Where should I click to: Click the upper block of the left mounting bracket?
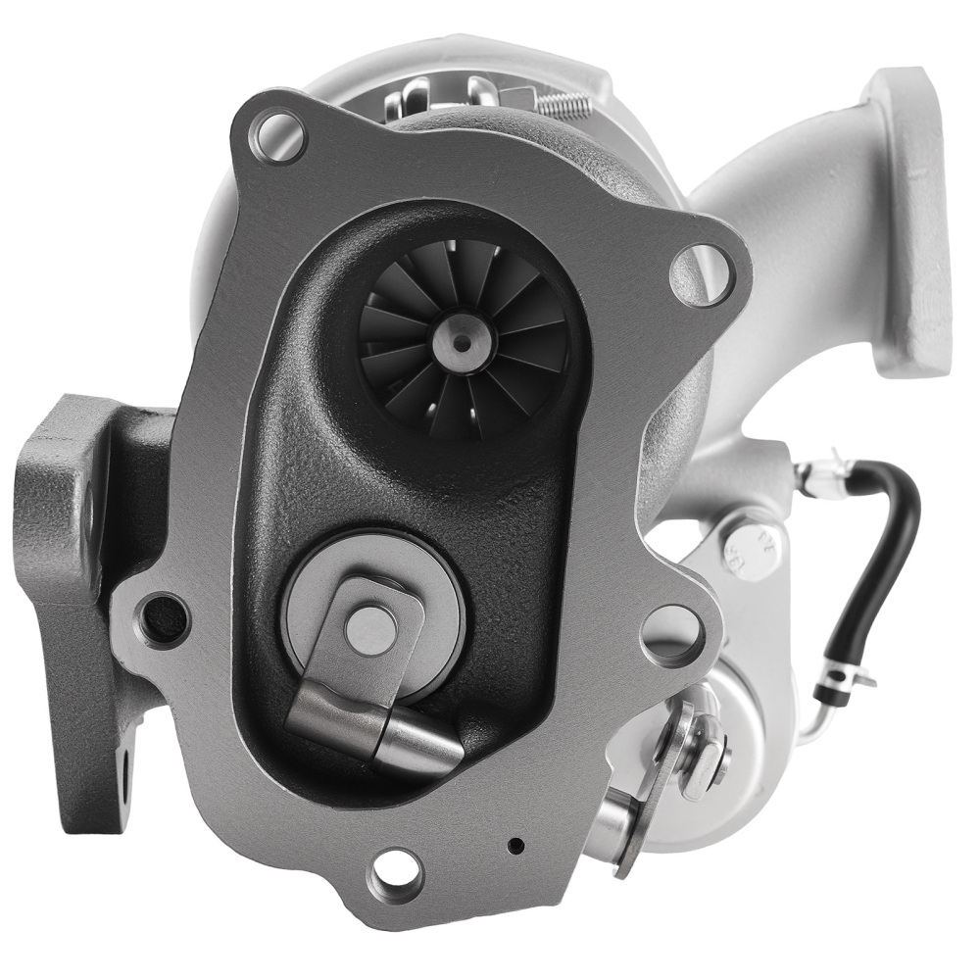pyautogui.click(x=64, y=490)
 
